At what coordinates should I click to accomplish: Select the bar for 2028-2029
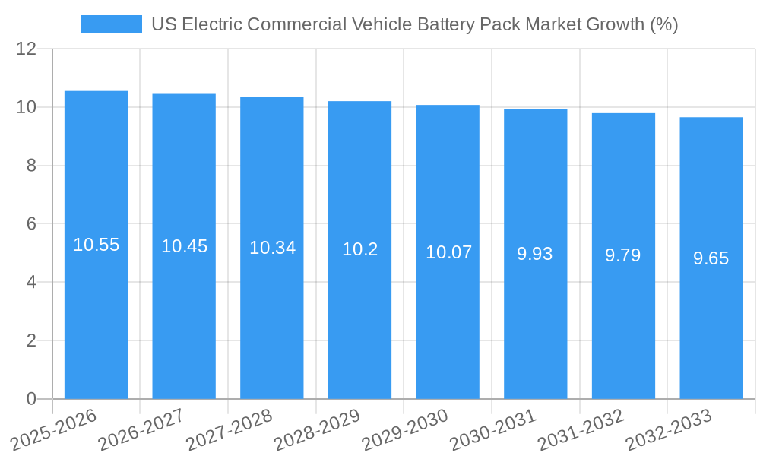(x=359, y=319)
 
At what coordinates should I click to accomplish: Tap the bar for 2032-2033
(x=711, y=327)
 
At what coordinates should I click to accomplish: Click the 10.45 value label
(x=184, y=246)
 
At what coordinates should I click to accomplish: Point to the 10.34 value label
(x=272, y=248)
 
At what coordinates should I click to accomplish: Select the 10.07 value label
(x=448, y=252)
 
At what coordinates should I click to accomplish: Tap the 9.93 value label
(x=535, y=254)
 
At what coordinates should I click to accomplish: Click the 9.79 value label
(x=622, y=255)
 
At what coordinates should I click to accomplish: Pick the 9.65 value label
(x=711, y=258)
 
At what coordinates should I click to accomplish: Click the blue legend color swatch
(x=111, y=24)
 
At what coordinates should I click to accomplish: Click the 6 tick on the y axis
(x=31, y=224)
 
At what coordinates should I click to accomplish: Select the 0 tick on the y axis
(x=31, y=399)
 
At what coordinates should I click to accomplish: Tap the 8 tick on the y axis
(x=31, y=166)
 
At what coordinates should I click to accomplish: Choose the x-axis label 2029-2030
(x=405, y=429)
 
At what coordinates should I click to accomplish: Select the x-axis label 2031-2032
(x=581, y=429)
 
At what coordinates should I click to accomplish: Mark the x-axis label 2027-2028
(x=229, y=429)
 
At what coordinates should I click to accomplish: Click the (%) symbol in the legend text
(x=664, y=24)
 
